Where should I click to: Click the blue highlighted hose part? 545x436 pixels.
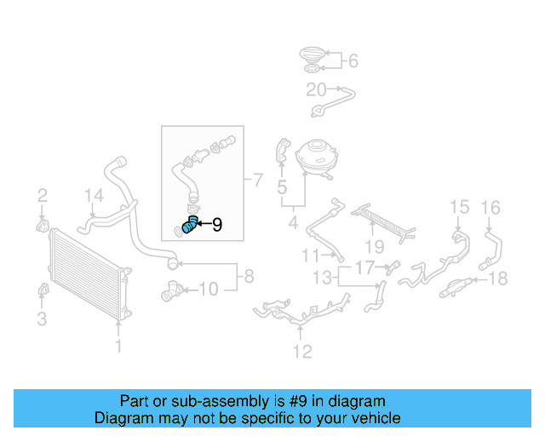189,225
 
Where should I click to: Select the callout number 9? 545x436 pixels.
216,225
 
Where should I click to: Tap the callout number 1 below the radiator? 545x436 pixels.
118,346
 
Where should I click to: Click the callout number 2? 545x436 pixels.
42,197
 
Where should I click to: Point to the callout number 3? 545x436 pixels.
42,319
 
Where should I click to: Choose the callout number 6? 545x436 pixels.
353,60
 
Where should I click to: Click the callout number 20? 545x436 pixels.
316,89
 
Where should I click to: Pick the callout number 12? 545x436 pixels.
302,351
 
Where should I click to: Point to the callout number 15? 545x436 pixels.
459,206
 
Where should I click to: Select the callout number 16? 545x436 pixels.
491,206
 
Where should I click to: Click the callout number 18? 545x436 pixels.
499,278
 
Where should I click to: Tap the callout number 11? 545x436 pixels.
309,255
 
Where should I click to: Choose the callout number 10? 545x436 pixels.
209,290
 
